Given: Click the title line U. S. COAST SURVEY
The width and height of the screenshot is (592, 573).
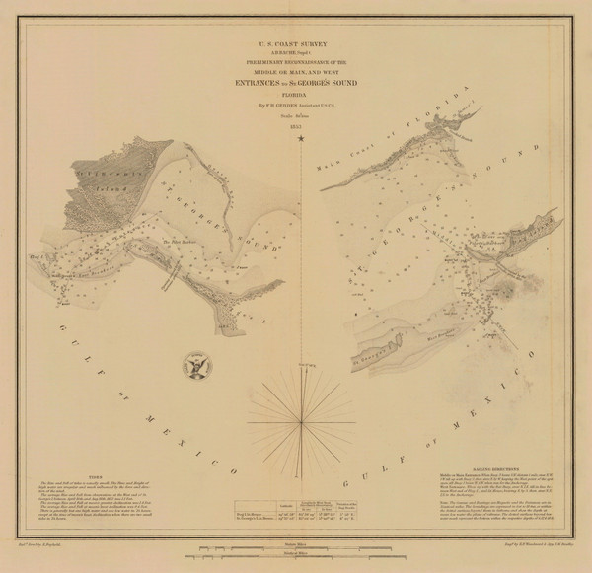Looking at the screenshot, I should [296, 43].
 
